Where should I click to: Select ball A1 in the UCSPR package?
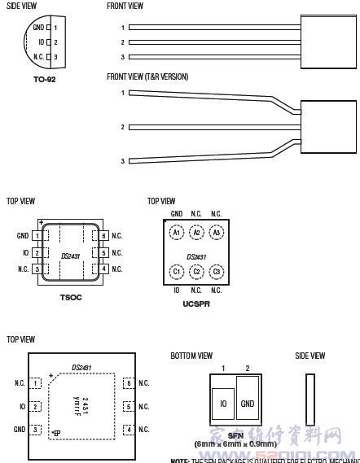click(176, 233)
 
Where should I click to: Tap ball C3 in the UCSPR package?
click(217, 271)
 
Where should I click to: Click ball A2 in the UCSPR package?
click(196, 233)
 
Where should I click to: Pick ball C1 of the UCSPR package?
click(176, 271)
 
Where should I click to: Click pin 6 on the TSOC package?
click(104, 236)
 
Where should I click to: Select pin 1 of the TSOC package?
click(37, 236)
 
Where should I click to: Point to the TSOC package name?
click(71, 298)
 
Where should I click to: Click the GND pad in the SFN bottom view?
click(248, 402)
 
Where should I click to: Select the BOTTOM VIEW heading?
click(191, 356)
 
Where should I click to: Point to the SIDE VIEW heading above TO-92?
click(21, 6)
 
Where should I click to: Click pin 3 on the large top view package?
click(35, 429)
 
